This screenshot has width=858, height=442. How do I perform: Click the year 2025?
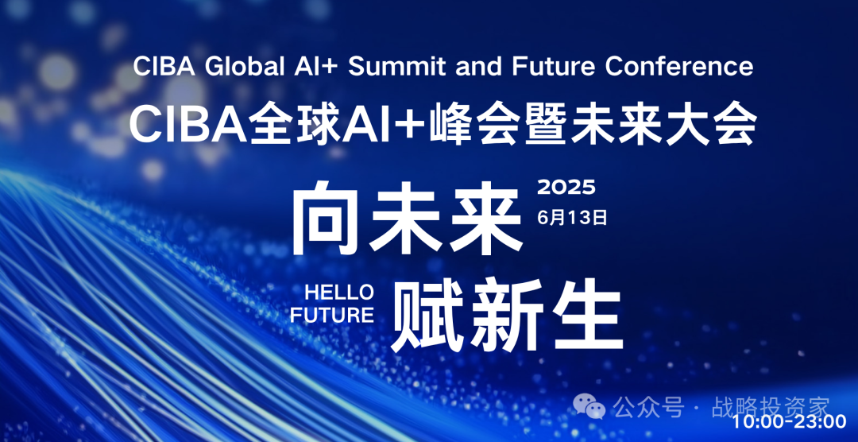[x=566, y=188]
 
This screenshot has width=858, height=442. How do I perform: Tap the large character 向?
[x=327, y=219]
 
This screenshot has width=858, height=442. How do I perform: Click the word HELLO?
[x=339, y=292]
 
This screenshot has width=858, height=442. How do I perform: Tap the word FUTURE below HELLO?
[x=332, y=316]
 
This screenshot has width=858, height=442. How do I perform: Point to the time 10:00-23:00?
[x=789, y=422]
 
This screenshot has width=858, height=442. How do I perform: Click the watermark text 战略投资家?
[x=771, y=408]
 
